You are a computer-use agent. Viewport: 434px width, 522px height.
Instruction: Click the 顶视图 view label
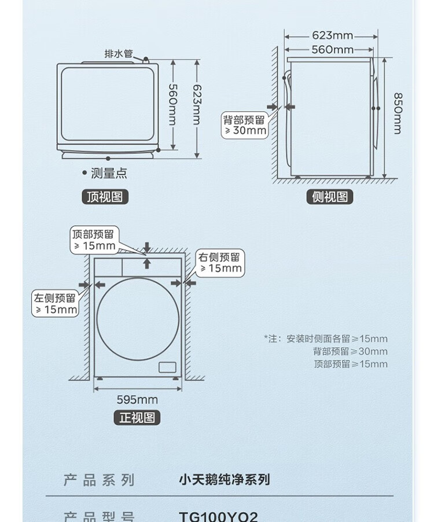pyautogui.click(x=104, y=197)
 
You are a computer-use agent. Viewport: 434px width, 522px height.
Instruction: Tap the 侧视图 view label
pyautogui.click(x=329, y=197)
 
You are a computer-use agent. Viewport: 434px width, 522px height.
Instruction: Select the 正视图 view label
pyautogui.click(x=137, y=417)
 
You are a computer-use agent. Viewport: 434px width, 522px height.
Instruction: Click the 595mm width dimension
pyautogui.click(x=137, y=399)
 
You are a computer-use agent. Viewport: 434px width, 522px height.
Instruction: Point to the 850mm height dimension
pyautogui.click(x=398, y=113)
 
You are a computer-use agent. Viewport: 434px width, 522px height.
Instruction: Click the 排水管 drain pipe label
pyautogui.click(x=118, y=54)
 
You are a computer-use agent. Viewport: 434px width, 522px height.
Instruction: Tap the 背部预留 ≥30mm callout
pyautogui.click(x=245, y=125)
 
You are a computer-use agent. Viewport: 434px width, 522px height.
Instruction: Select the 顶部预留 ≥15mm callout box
pyautogui.click(x=93, y=240)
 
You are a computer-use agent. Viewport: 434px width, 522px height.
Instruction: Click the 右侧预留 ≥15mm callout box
pyautogui.click(x=219, y=263)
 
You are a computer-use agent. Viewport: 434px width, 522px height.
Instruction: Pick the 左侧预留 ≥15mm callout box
pyautogui.click(x=55, y=304)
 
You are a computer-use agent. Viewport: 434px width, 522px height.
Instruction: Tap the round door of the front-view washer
pyautogui.click(x=138, y=319)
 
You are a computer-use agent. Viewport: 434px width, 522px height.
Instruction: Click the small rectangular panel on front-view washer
pyautogui.click(x=167, y=367)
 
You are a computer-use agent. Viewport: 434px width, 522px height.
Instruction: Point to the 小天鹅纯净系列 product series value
pyautogui.click(x=224, y=479)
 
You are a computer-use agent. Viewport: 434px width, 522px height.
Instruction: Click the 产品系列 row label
pyautogui.click(x=98, y=479)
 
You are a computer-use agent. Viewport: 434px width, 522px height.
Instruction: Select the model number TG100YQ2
pyautogui.click(x=219, y=516)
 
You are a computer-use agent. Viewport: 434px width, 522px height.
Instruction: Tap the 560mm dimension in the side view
pyautogui.click(x=332, y=49)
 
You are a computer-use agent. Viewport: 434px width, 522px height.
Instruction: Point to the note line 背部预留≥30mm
pyautogui.click(x=351, y=351)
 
